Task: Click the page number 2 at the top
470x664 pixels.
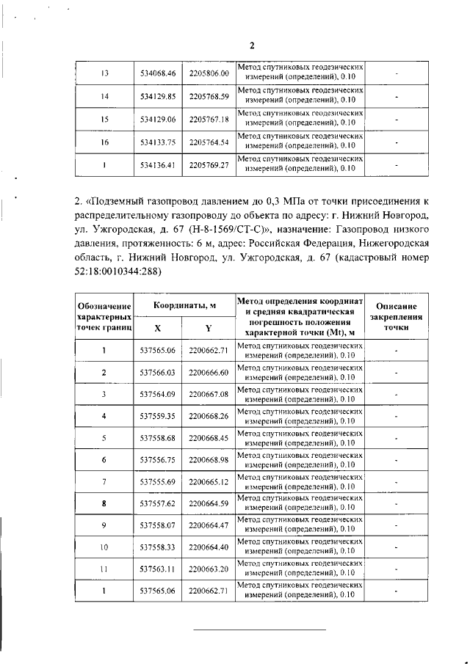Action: (251, 45)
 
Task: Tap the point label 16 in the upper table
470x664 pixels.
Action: (104, 142)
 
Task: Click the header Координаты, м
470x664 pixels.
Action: (184, 305)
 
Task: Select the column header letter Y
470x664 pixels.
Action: (209, 327)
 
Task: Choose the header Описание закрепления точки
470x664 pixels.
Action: (396, 316)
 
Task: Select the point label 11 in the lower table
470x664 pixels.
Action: (104, 569)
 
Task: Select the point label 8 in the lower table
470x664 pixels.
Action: (104, 503)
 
